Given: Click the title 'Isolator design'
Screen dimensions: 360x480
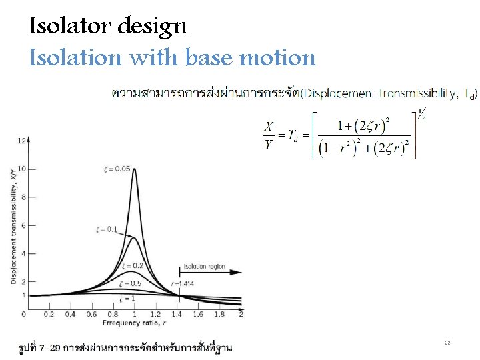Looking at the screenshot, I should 108,27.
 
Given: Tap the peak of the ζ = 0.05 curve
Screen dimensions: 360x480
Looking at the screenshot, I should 134,169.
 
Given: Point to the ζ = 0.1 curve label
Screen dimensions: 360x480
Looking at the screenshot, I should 107,230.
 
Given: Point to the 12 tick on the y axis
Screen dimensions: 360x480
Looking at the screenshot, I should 23,141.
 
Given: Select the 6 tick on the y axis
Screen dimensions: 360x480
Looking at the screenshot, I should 24,225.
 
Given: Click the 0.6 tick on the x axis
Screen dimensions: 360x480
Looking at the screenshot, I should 91,314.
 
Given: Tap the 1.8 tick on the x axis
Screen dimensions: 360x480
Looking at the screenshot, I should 219,314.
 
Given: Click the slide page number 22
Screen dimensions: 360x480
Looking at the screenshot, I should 447,343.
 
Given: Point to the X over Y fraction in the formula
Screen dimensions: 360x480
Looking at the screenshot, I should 268,136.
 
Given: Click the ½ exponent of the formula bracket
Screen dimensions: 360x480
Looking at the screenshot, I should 421,115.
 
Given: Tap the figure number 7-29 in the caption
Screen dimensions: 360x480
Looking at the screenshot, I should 49,347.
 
